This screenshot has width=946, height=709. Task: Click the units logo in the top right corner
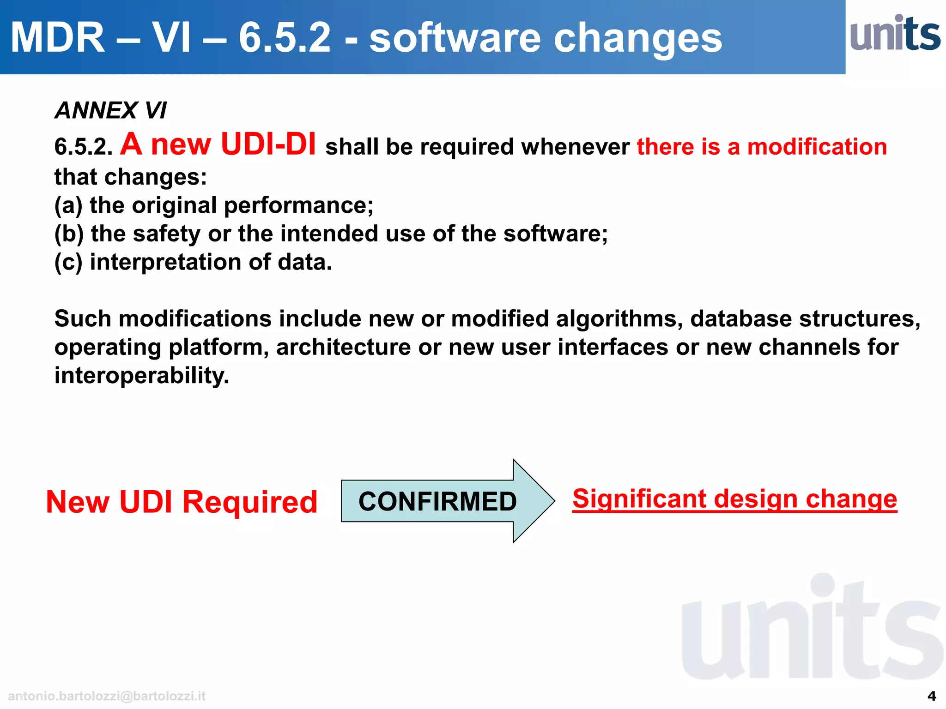point(895,33)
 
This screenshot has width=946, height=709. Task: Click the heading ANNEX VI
point(110,110)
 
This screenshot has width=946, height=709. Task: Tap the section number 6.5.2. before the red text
point(83,147)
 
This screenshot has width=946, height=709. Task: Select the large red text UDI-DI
point(268,144)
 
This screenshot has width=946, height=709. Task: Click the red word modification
point(817,147)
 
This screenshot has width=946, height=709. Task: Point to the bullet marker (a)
point(68,205)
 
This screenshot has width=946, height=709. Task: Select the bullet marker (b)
point(69,234)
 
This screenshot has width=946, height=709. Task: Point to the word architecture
point(343,347)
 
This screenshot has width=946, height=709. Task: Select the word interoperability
point(141,375)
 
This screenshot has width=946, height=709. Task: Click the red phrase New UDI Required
point(182,502)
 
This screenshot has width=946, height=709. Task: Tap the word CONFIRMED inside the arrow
point(437,502)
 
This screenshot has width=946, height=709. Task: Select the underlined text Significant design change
point(734,499)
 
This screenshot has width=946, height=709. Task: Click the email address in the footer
point(107,696)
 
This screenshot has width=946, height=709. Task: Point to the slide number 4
point(932,696)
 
